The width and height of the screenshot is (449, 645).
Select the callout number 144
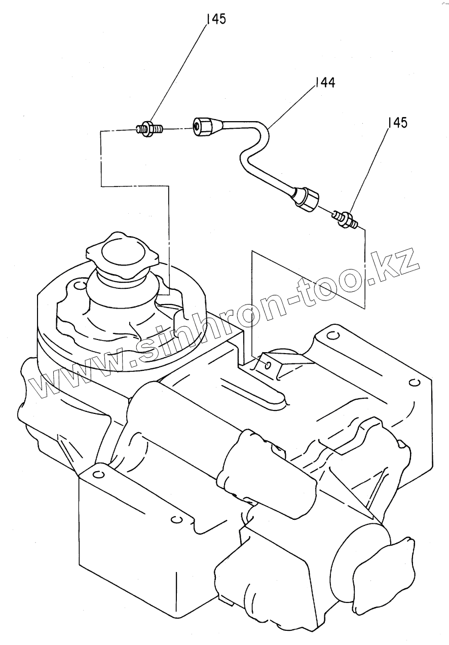325,83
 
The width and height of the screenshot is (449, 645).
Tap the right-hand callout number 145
397,123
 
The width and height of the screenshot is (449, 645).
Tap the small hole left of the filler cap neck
78,286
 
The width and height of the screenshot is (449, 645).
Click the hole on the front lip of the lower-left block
176,519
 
